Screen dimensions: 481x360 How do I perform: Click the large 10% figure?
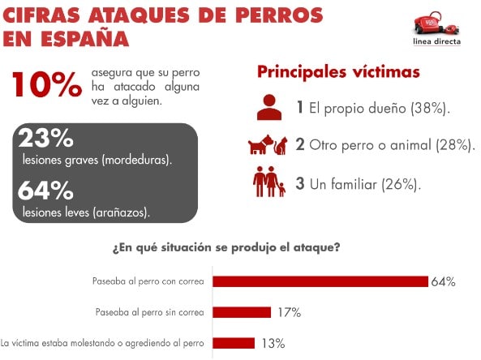click(x=47, y=84)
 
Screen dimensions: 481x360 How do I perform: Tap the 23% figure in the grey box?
click(x=45, y=138)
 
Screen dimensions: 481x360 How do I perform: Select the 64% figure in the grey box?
click(x=45, y=191)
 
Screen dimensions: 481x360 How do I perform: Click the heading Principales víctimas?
click(x=338, y=72)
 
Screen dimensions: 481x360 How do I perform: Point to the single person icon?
click(x=269, y=107)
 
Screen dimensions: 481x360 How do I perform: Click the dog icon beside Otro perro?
click(x=260, y=144)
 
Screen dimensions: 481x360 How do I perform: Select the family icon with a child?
click(x=269, y=182)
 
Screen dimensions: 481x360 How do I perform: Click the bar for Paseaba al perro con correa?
click(x=320, y=281)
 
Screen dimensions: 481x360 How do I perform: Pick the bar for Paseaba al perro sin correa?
click(x=242, y=312)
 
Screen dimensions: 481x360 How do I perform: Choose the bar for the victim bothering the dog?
click(x=234, y=343)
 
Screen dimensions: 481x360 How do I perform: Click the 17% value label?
click(x=290, y=312)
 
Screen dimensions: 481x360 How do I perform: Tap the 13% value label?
click(x=273, y=344)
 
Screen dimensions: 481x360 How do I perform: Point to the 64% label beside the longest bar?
click(x=443, y=281)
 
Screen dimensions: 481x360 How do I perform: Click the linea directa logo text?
click(x=437, y=41)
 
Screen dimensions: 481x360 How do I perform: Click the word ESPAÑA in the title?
click(x=84, y=38)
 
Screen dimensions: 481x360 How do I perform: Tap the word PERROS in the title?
click(x=279, y=15)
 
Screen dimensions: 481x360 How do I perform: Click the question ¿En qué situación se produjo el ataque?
click(x=226, y=247)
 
